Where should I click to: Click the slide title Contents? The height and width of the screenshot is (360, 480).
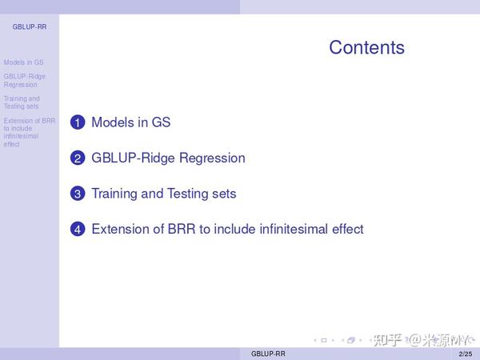tap(366, 47)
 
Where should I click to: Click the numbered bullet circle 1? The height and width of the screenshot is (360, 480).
tap(78, 123)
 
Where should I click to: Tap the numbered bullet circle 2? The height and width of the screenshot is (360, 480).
tap(78, 158)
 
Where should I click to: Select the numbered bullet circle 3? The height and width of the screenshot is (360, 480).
tap(78, 194)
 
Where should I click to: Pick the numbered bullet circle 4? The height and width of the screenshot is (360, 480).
tap(78, 230)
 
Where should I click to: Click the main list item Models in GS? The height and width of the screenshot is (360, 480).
tap(130, 122)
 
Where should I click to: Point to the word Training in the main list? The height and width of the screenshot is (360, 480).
tap(114, 194)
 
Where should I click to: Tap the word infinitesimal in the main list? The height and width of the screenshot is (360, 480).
tap(275, 229)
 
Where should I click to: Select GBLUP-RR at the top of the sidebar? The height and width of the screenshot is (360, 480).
tap(29, 26)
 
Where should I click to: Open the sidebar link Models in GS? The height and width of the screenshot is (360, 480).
tap(23, 62)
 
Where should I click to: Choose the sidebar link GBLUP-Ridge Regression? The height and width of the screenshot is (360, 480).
tap(25, 80)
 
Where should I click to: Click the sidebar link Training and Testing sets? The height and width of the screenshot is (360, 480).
tap(22, 102)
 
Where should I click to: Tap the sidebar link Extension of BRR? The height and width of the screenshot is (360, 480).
tap(29, 121)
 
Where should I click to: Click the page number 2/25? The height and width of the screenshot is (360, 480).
tap(465, 354)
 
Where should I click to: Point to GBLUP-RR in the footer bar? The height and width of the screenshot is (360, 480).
tap(267, 354)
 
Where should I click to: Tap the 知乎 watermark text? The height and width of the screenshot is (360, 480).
tap(387, 340)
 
